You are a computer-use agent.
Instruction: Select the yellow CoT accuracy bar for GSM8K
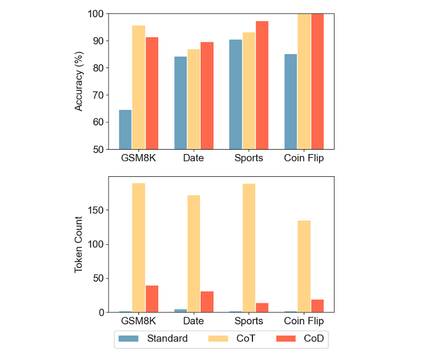[x=139, y=87]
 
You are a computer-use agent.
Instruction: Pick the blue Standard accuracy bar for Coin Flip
[x=290, y=101]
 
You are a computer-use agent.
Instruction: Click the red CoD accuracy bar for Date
[x=207, y=95]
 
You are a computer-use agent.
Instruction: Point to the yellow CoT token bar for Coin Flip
[x=304, y=266]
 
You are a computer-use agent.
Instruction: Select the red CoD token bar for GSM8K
[x=152, y=299]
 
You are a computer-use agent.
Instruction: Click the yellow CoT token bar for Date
[x=194, y=254]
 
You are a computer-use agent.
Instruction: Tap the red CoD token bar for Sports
[x=262, y=307]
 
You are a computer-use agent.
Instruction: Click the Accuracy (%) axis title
[x=79, y=81]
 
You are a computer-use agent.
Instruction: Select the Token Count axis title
[x=79, y=244]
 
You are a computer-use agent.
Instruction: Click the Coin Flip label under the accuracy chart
[x=304, y=158]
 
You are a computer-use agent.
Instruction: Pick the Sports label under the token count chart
[x=248, y=321]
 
